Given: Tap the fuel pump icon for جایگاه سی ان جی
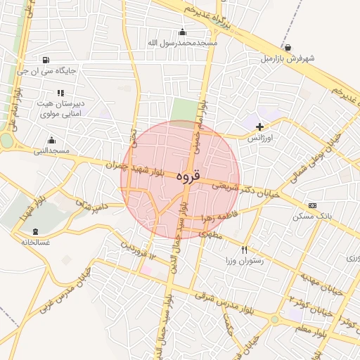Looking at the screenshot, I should [46, 60].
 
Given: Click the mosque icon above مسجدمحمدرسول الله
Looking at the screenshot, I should [183, 32].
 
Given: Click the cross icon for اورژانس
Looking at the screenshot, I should [260, 127].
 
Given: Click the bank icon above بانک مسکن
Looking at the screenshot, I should [312, 205].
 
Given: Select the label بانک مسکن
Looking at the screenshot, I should [311, 217].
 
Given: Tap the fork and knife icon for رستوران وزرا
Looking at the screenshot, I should [245, 250].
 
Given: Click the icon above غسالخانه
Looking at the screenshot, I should [35, 231].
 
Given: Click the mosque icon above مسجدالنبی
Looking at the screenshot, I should [51, 141].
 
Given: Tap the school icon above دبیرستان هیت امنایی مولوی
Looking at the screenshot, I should [60, 92].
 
